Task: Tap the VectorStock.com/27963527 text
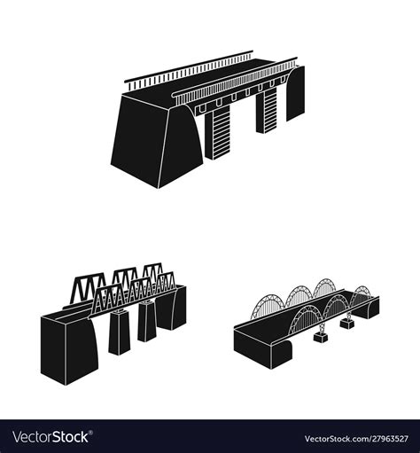[x=359, y=438]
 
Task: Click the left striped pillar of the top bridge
[x=215, y=134]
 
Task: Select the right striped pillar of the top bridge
[x=270, y=112]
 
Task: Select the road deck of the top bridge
[x=208, y=81]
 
